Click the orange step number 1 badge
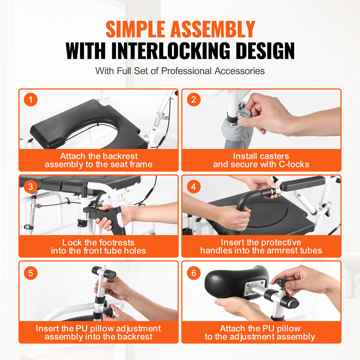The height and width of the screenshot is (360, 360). click(31, 100)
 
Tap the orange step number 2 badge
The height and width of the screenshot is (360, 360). click(194, 100)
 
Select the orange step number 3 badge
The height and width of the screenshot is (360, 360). click(31, 186)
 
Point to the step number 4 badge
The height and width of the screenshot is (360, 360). click(194, 186)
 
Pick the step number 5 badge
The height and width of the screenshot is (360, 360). click(31, 273)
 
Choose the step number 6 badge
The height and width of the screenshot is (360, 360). click(194, 273)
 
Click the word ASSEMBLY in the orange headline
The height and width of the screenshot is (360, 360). click(213, 29)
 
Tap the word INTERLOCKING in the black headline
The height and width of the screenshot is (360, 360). click(171, 51)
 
